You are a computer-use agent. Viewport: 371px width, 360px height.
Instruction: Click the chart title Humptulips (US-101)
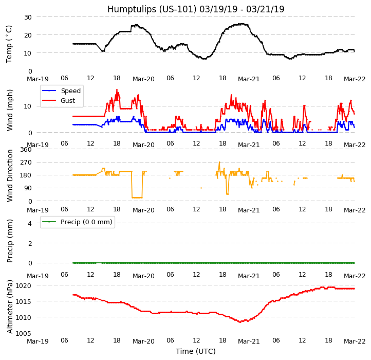tap(196, 9)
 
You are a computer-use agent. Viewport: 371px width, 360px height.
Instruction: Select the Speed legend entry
tap(70, 91)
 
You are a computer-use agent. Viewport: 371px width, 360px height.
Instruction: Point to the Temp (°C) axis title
tap(9, 44)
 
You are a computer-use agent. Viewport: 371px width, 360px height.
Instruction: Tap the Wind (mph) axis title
tap(10, 110)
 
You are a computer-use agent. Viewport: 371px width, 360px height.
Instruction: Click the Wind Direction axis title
tap(10, 175)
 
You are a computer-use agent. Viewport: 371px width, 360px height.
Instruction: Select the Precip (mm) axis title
tap(10, 241)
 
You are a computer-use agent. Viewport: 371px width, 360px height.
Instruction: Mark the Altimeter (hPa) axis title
tap(10, 307)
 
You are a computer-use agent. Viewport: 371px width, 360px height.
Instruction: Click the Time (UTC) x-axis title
tap(196, 351)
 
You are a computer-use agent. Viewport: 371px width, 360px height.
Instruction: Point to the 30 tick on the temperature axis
tap(27, 17)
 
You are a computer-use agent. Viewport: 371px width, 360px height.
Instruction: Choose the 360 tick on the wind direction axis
tap(25, 150)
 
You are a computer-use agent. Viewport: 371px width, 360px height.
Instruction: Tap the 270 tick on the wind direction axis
tap(25, 163)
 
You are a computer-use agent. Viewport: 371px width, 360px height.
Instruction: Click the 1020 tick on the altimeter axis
tap(23, 285)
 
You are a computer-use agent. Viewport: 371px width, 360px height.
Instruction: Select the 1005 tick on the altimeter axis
tap(23, 333)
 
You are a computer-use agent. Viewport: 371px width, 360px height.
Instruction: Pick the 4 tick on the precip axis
tap(29, 223)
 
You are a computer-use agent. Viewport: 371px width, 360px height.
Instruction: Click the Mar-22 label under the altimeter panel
tap(355, 341)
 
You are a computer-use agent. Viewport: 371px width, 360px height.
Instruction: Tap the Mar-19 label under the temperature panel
tap(38, 79)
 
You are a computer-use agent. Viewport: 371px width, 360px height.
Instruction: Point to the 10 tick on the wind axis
tap(27, 106)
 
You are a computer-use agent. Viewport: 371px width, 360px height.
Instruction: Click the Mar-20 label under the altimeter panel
tap(143, 341)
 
